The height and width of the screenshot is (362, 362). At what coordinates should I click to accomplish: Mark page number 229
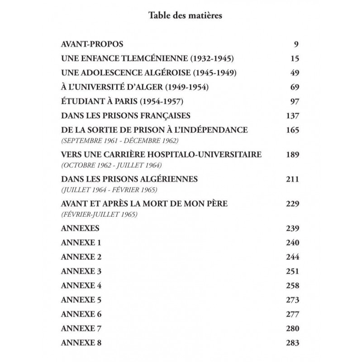294,204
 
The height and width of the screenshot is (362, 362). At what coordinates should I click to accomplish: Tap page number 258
294,285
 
